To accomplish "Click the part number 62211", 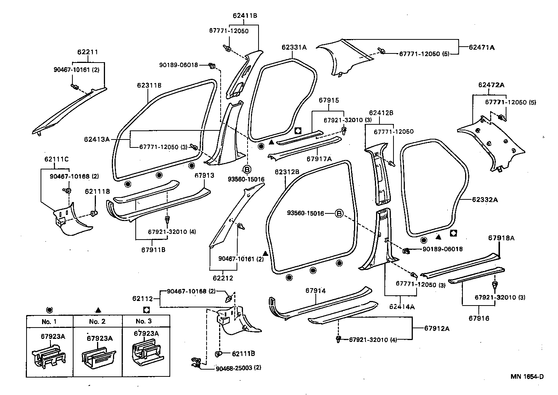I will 88,52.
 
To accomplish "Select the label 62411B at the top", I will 245,16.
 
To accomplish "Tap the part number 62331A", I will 294,47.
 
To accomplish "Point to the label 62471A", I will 481,47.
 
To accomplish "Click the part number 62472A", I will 491,85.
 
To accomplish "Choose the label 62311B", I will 149,86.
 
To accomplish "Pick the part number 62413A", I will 97,139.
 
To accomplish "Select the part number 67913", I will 204,176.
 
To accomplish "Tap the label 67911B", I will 153,250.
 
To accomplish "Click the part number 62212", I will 223,278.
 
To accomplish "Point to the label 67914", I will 315,291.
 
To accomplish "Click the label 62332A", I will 485,199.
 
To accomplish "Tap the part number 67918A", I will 501,238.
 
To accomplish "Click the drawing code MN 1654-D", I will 527,376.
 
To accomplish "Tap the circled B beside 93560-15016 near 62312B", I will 339,214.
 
